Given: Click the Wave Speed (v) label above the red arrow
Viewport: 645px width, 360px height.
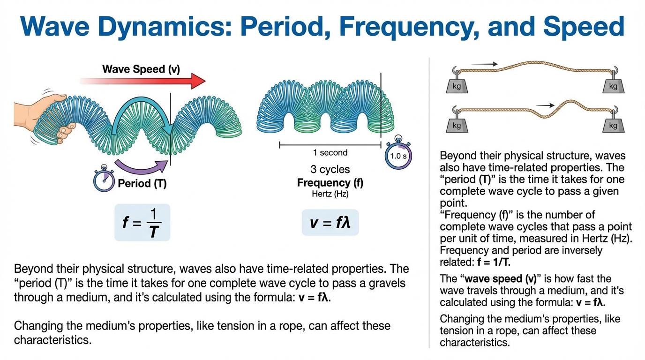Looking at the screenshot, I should click(x=141, y=69).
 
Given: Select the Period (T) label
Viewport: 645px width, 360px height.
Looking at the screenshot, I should click(x=142, y=183).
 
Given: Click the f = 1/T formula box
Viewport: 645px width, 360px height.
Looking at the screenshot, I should click(x=142, y=222).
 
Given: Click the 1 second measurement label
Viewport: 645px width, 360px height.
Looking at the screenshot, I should click(x=330, y=153).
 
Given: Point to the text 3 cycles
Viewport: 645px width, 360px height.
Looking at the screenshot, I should click(x=330, y=169).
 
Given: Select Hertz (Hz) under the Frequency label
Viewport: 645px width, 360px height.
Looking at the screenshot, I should click(x=330, y=194).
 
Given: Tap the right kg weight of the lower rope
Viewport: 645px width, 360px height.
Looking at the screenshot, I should click(x=612, y=125).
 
